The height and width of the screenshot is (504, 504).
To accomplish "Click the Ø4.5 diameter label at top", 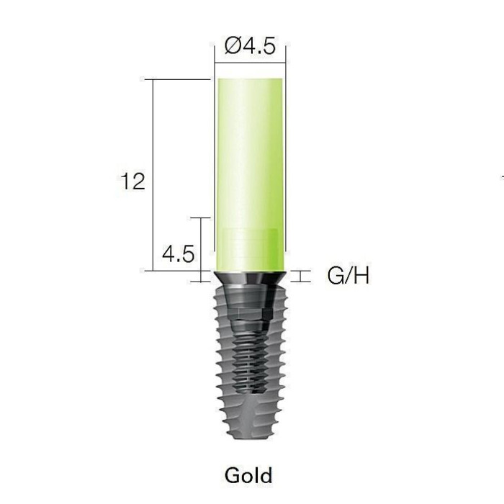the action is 250,46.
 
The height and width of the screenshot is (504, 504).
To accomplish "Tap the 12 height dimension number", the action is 132,181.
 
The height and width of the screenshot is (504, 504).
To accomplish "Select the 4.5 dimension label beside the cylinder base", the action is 178,254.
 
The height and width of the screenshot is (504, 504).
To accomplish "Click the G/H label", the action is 348,276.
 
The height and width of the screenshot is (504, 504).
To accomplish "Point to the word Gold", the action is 248,475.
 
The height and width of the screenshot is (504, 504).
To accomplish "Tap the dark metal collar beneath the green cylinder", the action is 250,278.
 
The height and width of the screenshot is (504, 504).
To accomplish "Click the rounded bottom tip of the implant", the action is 250,436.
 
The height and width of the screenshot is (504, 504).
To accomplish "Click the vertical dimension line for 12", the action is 153,175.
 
